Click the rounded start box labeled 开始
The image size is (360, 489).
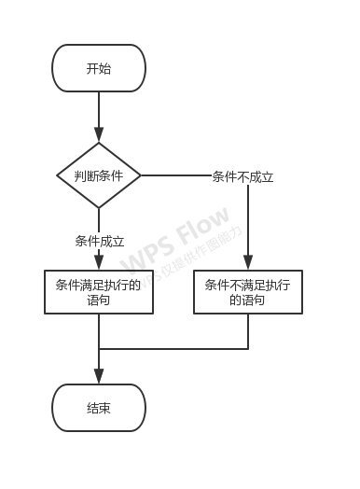click(x=99, y=68)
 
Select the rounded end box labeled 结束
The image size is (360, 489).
click(x=99, y=408)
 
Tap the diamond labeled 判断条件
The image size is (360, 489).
click(x=99, y=175)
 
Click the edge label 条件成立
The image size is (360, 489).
click(x=99, y=241)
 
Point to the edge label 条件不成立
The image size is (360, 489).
click(x=242, y=176)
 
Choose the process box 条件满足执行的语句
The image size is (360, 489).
click(x=99, y=292)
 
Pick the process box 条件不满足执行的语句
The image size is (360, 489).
click(x=248, y=292)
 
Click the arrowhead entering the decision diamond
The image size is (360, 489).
click(x=99, y=136)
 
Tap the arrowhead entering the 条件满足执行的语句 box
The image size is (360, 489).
click(x=99, y=263)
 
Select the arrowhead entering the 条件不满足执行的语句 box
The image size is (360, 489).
click(x=248, y=263)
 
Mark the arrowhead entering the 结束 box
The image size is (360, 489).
click(x=99, y=377)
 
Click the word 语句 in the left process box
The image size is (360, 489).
click(x=99, y=300)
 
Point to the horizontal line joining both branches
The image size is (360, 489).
click(x=173, y=349)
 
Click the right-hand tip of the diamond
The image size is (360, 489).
click(x=139, y=175)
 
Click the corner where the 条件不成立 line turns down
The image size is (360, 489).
click(x=248, y=175)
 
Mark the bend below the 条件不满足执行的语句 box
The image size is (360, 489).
click(x=248, y=349)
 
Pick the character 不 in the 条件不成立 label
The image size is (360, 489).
click(x=242, y=176)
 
